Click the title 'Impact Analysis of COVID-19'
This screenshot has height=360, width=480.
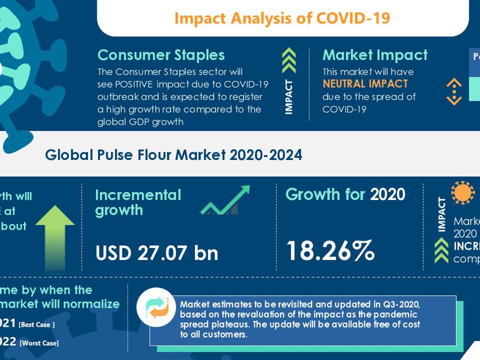(282, 18)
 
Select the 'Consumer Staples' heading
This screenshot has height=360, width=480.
(161, 55)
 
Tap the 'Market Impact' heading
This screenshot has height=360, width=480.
(375, 55)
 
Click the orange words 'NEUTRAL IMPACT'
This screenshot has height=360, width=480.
(365, 84)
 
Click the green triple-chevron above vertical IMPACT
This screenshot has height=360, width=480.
(289, 61)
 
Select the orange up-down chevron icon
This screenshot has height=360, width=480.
(454, 91)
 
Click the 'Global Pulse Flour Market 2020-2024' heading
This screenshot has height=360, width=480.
(174, 155)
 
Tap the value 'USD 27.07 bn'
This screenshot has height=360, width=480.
(157, 253)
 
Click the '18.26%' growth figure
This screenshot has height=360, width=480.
(330, 250)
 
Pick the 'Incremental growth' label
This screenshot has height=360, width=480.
(138, 202)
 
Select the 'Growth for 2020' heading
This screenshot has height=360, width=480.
(345, 194)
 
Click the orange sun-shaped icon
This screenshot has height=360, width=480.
(463, 193)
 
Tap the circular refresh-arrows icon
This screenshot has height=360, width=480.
(156, 307)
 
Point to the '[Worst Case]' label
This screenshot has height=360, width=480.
(39, 343)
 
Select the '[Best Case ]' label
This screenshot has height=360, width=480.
(37, 325)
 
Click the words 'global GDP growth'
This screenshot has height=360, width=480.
(140, 122)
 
